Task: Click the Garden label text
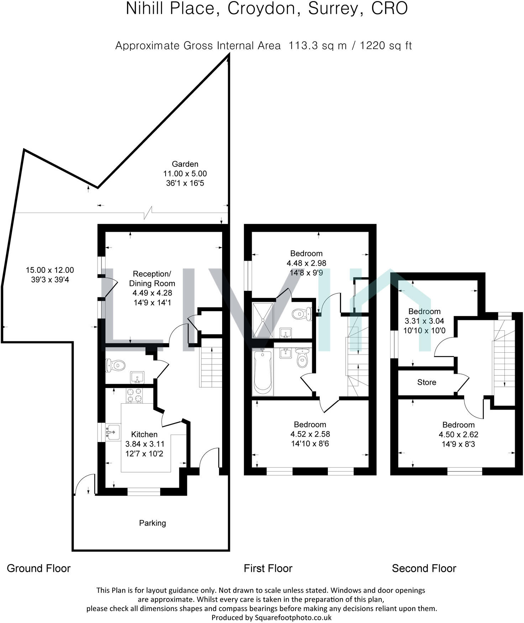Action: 185,164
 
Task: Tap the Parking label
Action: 152,523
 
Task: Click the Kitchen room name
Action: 144,434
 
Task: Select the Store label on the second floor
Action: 426,382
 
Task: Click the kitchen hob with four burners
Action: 134,395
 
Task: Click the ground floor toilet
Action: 116,366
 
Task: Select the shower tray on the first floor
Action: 263,320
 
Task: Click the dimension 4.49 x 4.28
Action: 152,293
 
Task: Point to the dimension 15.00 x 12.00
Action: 50,270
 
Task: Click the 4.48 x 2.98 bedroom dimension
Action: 306,263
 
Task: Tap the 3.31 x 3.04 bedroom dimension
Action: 424,321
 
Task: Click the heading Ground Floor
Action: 38,568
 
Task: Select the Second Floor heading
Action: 424,568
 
